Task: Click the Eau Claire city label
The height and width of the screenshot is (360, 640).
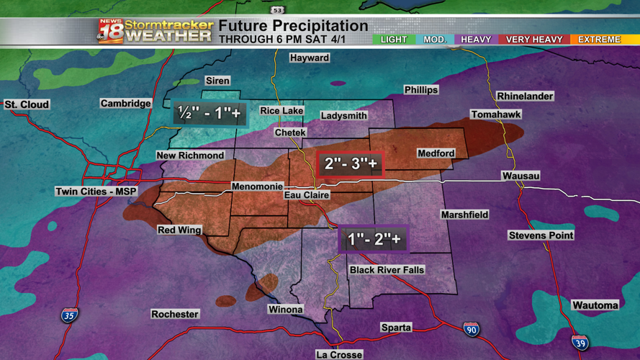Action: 307,195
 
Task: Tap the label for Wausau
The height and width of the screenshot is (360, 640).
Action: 520,176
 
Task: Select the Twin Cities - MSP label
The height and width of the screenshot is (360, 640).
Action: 96,192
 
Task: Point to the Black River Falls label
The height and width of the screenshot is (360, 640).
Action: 387,270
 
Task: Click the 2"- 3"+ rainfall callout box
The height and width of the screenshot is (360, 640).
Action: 351,164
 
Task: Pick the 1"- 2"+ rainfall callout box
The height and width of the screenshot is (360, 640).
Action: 374,240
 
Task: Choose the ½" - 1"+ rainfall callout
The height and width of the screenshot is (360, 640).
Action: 209,113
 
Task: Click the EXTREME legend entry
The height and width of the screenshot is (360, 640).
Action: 599,40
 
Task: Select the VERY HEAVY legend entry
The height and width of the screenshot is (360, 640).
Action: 533,40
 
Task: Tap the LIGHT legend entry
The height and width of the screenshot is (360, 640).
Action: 394,40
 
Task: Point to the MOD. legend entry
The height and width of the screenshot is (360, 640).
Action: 435,40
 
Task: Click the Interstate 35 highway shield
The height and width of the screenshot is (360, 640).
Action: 69,315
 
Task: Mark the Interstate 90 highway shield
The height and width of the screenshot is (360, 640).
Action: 471,330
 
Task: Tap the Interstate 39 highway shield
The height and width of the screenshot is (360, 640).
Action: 580,343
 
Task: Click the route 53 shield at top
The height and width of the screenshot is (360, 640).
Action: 278,10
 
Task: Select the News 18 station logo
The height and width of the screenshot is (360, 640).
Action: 112,32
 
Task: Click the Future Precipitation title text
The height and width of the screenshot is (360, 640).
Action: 293,27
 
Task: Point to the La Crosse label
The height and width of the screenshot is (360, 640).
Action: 339,354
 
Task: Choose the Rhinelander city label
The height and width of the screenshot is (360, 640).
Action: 525,96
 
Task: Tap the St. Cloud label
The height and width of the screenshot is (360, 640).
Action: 27,104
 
